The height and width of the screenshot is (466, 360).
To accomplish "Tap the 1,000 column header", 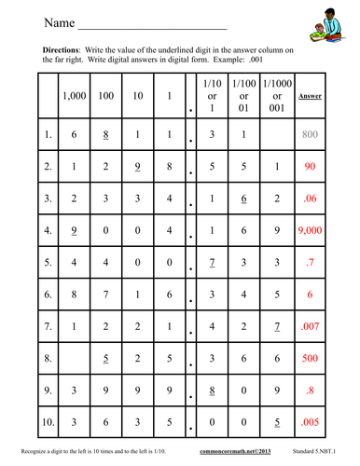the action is [x=73, y=97].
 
